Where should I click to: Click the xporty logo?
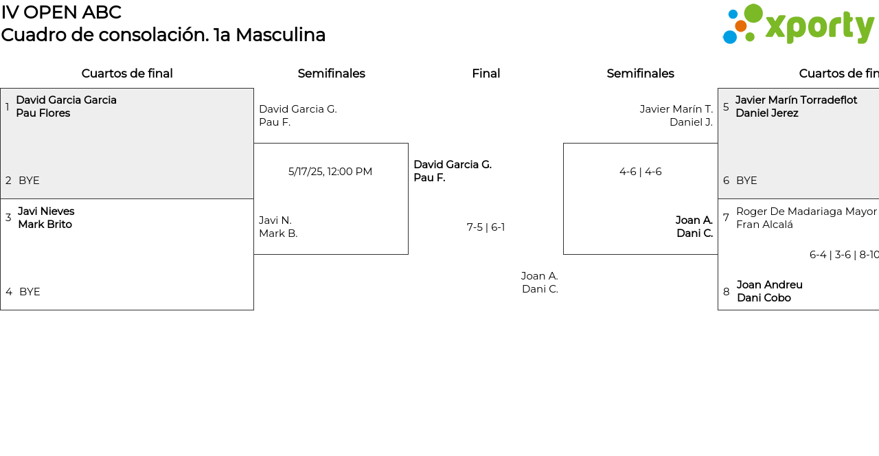(798, 25)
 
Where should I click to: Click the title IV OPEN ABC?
(61, 12)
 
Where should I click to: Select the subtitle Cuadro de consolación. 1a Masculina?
(163, 35)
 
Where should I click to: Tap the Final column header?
(486, 73)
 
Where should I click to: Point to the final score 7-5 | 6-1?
(486, 227)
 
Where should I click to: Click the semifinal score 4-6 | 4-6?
(640, 172)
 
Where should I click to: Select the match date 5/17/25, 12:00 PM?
(330, 172)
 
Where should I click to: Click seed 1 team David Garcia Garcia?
(66, 100)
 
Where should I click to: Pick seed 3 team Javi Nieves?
(46, 212)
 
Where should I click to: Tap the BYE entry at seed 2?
(29, 181)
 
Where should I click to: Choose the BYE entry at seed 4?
(30, 292)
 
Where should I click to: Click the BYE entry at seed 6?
(746, 181)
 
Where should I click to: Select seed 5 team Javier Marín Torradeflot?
(796, 100)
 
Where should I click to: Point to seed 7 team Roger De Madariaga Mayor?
(806, 212)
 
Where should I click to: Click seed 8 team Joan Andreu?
(769, 285)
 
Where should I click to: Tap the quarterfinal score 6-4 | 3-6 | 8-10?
(844, 255)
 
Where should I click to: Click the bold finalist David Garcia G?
(452, 165)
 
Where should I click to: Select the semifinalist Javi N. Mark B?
(278, 227)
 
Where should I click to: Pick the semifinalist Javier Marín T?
(676, 109)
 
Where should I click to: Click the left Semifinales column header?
(331, 73)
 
